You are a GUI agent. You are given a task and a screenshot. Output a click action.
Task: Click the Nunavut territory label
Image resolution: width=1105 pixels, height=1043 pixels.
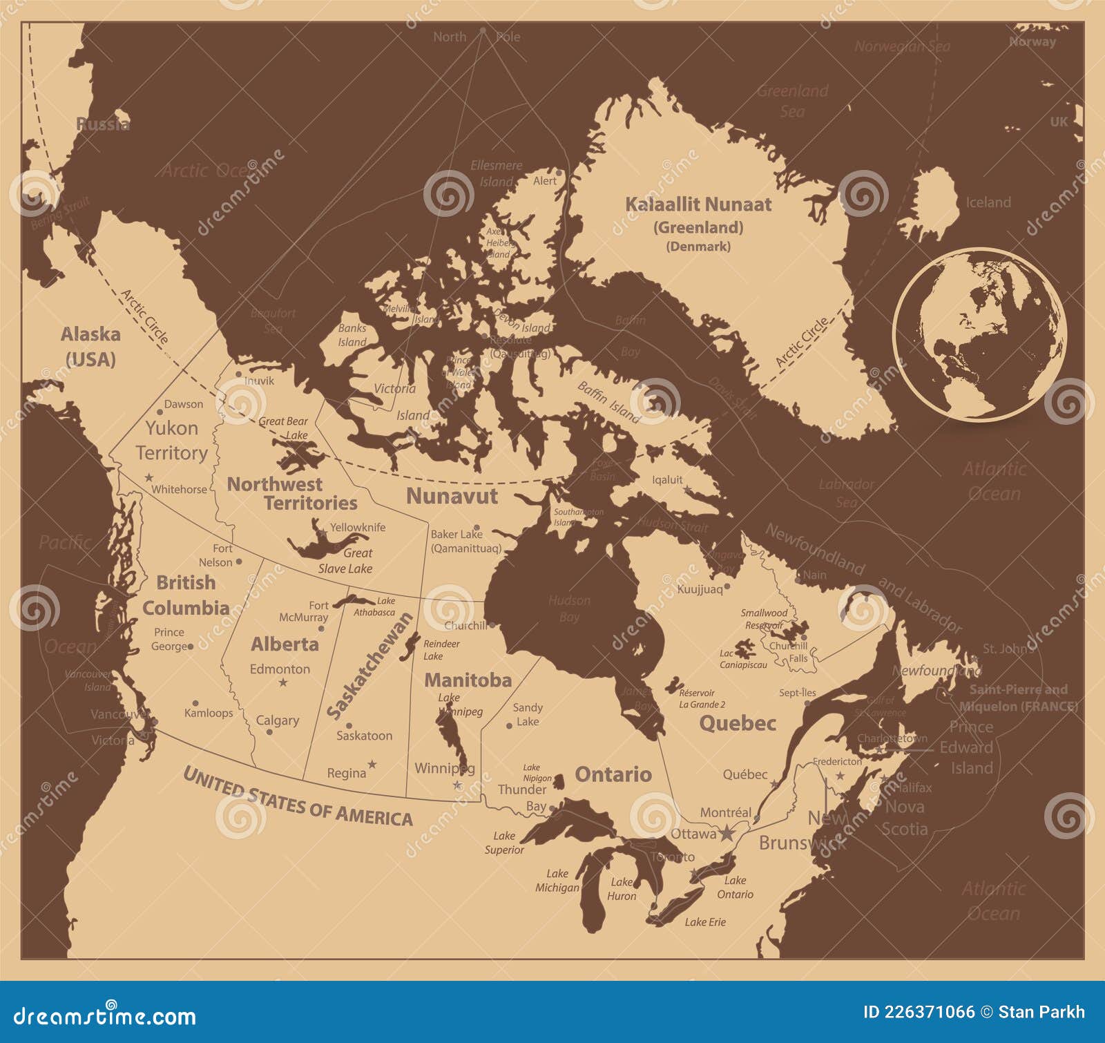click(452, 496)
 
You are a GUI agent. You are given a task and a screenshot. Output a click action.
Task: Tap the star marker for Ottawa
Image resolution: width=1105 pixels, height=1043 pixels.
click(727, 833)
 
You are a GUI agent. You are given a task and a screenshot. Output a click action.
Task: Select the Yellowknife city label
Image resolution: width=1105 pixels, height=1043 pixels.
click(357, 527)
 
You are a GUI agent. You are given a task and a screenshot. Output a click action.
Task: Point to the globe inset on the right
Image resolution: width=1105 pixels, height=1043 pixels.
click(979, 335)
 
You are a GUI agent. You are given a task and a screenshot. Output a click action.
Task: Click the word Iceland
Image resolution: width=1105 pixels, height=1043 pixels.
click(988, 202)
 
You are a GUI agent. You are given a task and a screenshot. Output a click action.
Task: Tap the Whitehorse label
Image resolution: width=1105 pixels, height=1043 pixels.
click(179, 489)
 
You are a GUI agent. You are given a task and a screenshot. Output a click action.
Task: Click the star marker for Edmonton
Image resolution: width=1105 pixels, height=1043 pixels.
click(282, 682)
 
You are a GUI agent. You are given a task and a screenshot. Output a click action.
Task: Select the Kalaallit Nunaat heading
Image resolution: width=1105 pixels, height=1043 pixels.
click(698, 204)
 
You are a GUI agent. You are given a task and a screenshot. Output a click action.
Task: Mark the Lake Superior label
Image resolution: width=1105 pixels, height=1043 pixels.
click(504, 843)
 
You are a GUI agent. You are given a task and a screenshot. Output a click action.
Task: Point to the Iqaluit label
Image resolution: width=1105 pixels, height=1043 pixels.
click(667, 479)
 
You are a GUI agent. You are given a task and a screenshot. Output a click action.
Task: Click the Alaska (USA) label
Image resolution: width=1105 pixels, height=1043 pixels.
click(90, 346)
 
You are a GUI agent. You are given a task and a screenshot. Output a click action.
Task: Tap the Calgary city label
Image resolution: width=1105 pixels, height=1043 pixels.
click(278, 720)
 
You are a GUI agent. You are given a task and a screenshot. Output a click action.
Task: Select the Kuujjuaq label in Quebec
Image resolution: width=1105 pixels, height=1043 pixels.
click(700, 589)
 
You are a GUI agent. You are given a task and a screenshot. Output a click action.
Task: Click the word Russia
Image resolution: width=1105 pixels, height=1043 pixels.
click(102, 124)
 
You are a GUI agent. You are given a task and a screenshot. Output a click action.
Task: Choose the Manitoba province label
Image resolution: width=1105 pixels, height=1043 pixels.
click(468, 680)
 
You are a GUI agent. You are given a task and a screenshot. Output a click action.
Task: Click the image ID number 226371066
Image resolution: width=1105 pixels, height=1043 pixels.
click(919, 1013)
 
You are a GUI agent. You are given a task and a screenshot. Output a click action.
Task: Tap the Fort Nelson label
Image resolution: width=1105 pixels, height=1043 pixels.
click(215, 555)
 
